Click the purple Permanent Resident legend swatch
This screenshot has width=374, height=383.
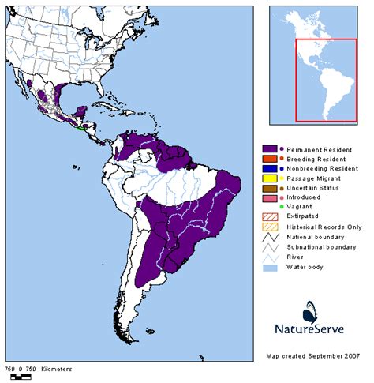pos(269,149)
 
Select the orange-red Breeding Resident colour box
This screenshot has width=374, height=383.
pos(269,160)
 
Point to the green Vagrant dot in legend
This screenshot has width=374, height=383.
pos(282,207)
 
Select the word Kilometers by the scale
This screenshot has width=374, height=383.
pos(52,369)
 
